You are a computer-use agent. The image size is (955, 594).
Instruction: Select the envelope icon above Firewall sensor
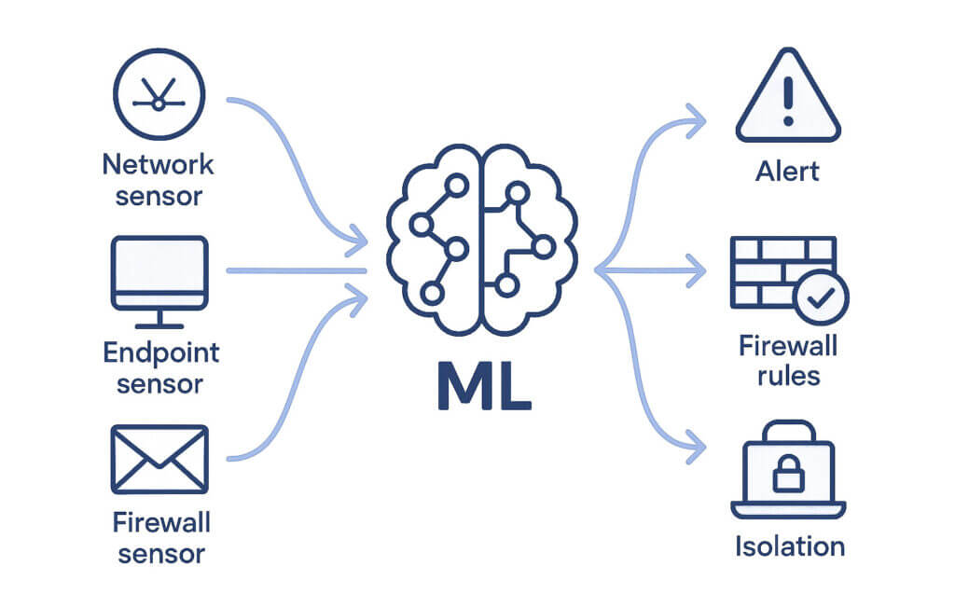(x=158, y=460)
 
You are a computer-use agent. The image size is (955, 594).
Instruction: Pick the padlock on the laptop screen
(x=788, y=475)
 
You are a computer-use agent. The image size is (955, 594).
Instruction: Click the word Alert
(x=788, y=171)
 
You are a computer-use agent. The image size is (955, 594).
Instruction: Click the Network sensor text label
(x=158, y=180)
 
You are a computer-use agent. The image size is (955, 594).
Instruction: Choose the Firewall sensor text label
(x=158, y=535)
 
